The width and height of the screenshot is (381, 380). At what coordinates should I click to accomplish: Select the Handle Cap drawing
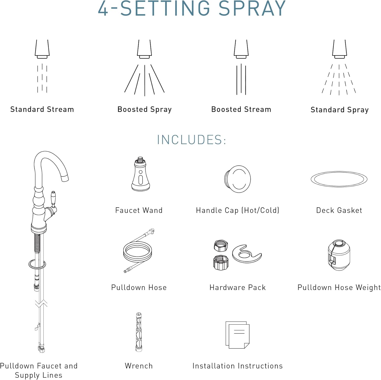(237, 179)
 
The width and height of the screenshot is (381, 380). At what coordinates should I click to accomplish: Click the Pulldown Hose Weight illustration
(339, 255)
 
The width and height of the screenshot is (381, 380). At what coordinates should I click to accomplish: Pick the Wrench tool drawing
(139, 332)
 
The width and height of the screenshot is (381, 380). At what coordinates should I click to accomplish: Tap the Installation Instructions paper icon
(237, 335)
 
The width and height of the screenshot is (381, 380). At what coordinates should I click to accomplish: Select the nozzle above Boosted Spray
(145, 49)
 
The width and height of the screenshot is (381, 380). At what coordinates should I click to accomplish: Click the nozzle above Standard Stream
(42, 49)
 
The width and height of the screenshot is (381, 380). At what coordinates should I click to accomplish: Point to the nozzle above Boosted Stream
(241, 49)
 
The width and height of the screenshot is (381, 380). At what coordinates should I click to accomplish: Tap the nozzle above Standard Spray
(340, 49)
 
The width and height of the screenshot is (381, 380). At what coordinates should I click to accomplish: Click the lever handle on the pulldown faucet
(53, 199)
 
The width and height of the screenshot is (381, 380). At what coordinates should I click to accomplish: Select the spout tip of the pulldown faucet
(65, 178)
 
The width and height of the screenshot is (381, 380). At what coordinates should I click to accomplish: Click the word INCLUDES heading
(191, 140)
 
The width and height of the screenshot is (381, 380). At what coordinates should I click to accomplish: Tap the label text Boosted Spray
(145, 110)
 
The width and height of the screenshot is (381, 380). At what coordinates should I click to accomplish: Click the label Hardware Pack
(237, 287)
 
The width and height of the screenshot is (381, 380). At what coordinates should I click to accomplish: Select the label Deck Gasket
(339, 210)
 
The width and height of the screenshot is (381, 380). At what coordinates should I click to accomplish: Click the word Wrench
(139, 366)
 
